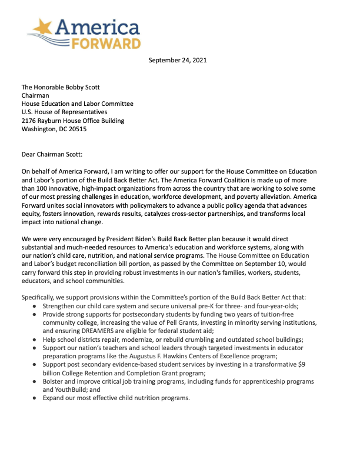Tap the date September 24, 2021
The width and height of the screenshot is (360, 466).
pos(178,60)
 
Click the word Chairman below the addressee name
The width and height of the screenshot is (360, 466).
pos(36,95)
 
